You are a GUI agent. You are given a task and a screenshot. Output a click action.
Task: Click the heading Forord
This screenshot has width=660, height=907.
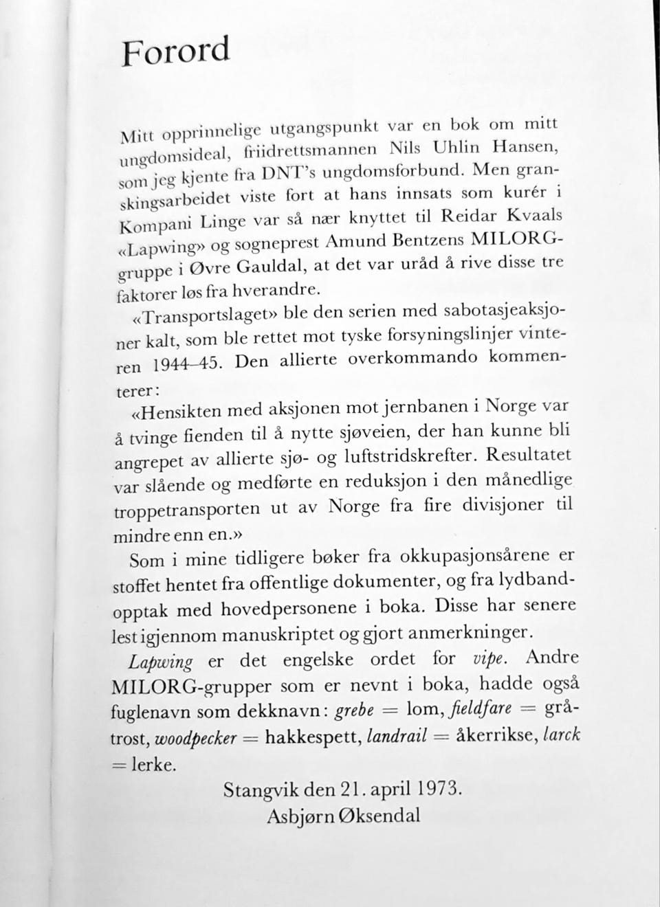tap(175, 52)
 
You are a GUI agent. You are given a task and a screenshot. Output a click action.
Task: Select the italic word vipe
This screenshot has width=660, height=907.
tap(491, 658)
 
